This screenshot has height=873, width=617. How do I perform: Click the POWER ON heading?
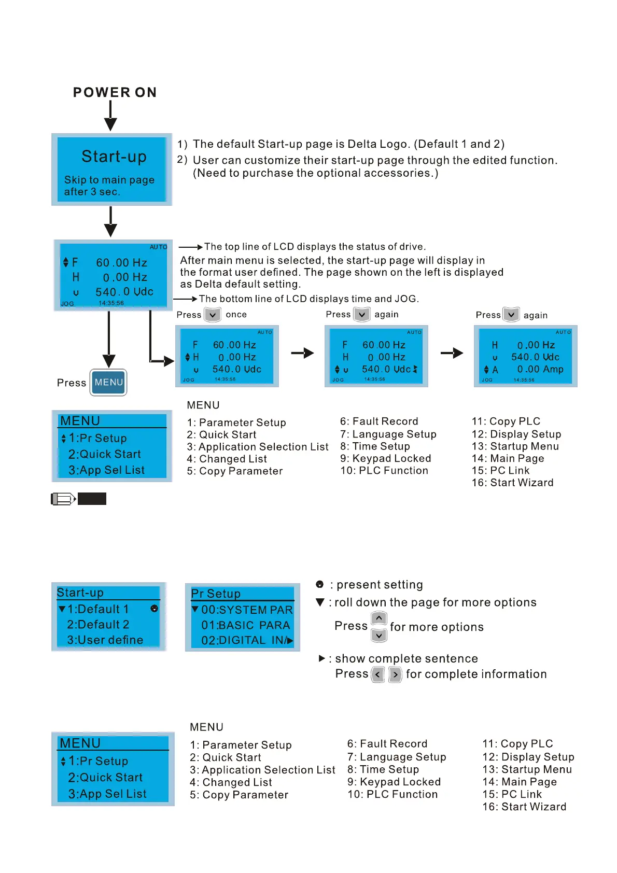click(115, 92)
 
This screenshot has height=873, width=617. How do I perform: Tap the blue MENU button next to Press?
click(108, 383)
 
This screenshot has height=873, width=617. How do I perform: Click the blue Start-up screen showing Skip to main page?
click(111, 170)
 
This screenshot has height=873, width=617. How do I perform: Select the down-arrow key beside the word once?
click(213, 315)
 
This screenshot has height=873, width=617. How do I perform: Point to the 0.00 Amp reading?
click(540, 369)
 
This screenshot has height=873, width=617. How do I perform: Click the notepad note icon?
click(63, 499)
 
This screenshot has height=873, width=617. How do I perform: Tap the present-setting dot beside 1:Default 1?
click(154, 609)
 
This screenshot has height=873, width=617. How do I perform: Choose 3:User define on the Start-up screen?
click(105, 640)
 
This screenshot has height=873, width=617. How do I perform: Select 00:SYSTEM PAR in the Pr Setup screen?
click(247, 610)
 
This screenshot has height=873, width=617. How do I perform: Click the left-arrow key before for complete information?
click(378, 674)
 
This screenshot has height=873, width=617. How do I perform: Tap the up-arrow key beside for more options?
click(379, 618)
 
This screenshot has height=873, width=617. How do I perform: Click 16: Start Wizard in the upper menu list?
click(512, 483)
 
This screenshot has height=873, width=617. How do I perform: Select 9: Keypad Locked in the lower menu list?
click(394, 782)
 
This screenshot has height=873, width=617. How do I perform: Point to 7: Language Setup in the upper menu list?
click(388, 434)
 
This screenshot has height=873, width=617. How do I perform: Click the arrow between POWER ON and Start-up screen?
click(110, 116)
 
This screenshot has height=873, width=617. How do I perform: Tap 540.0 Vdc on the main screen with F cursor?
click(124, 292)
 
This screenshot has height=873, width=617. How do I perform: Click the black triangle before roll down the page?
click(320, 602)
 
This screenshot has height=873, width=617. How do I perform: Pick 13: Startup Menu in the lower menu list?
click(527, 769)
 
